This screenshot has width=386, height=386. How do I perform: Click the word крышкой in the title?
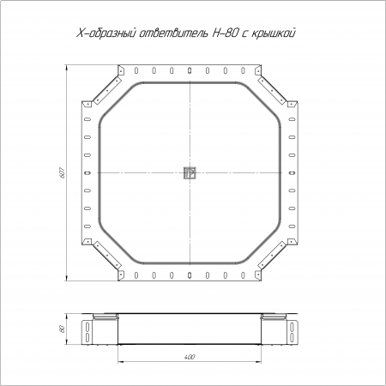274,33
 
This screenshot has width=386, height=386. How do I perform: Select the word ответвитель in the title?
174,33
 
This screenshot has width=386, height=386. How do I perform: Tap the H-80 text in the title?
225,33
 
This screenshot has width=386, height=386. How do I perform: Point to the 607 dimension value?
63,172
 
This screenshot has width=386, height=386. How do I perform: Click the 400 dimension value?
190,357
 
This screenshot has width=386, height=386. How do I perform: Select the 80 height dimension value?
62,329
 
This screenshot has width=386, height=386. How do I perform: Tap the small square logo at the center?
190,172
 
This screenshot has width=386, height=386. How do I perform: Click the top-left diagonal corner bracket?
107,90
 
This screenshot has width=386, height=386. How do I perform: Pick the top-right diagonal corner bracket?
272,90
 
